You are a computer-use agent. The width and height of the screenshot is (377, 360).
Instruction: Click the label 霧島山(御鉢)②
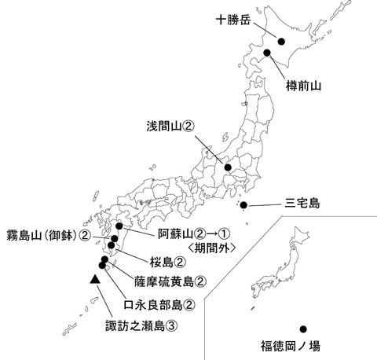tap(47, 234)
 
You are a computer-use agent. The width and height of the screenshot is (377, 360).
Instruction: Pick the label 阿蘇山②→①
tap(192, 233)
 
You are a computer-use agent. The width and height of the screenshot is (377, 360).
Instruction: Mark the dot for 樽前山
tap(267, 53)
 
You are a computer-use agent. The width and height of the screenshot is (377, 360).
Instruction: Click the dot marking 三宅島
tap(243, 206)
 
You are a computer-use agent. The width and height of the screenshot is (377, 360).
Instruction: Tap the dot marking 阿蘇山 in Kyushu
tap(119, 226)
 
